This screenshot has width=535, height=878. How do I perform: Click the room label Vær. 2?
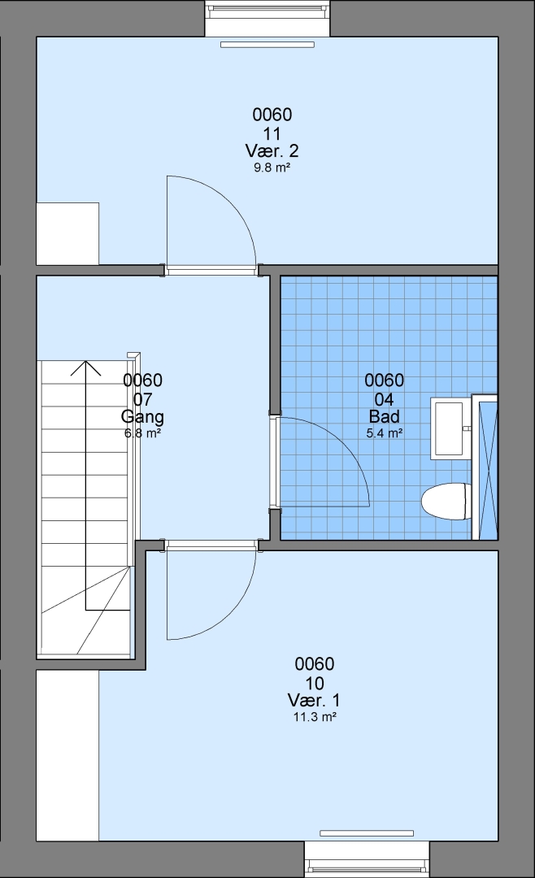(272, 150)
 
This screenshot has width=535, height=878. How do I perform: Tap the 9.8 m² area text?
(272, 167)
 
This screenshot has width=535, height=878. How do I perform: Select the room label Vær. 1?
(314, 700)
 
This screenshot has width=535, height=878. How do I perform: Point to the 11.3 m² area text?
(315, 717)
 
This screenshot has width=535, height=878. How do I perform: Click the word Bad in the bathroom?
(385, 416)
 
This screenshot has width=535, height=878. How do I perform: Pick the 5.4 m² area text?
(385, 432)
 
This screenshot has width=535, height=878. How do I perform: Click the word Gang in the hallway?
(142, 416)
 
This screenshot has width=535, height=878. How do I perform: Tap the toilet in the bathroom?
(446, 501)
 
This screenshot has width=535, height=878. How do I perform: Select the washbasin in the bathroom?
(450, 428)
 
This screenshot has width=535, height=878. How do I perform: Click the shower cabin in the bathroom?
(485, 467)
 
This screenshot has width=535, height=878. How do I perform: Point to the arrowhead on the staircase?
(85, 367)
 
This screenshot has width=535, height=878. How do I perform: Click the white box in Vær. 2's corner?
(67, 233)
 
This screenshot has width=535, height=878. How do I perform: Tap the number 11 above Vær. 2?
(272, 134)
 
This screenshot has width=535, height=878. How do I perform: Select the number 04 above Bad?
(385, 399)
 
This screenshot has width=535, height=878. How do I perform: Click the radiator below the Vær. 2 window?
(267, 44)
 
